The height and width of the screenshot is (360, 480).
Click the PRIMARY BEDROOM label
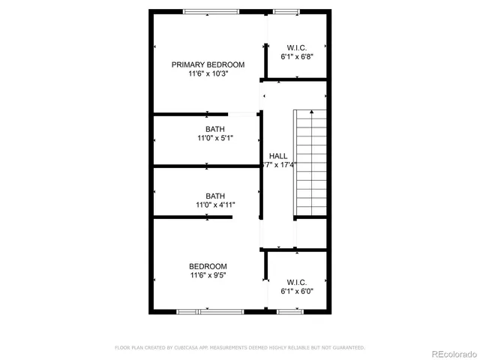pyautogui.click(x=208, y=64)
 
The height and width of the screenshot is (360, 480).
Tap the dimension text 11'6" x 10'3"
pyautogui.click(x=208, y=74)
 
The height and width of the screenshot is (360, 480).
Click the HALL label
pyautogui.click(x=278, y=156)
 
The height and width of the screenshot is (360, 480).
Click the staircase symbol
pyautogui.click(x=309, y=162)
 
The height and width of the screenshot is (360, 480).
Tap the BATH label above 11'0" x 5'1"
pyautogui.click(x=215, y=129)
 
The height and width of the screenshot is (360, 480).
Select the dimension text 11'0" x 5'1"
pyautogui.click(x=215, y=138)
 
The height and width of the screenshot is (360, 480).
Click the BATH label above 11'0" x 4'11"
pyautogui.click(x=215, y=195)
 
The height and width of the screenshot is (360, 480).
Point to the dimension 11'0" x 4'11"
pyautogui.click(x=215, y=205)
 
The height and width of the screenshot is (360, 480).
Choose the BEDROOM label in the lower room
pyautogui.click(x=208, y=266)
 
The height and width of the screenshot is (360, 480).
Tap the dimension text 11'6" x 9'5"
pyautogui.click(x=208, y=275)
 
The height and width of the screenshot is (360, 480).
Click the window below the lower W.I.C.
pyautogui.click(x=289, y=310)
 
